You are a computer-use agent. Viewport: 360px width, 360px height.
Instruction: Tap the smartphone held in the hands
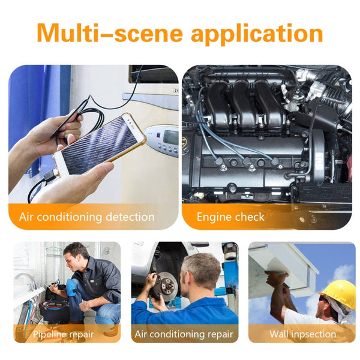(x=99, y=144)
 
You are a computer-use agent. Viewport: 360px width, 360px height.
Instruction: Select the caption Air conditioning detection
(x=87, y=217)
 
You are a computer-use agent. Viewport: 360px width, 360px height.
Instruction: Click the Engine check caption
(x=230, y=217)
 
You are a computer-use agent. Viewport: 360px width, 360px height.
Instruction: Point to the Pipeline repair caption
(x=62, y=334)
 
